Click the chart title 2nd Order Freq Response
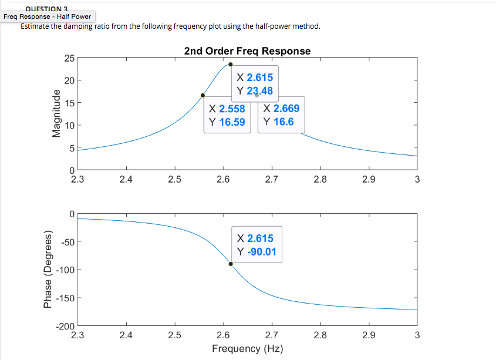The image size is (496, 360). [x=247, y=51]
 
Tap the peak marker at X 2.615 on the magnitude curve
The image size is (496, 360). [x=231, y=65]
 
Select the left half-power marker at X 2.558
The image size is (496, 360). [x=203, y=95]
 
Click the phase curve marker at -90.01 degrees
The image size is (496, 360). [x=231, y=264]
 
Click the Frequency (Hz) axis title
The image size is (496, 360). [x=247, y=349]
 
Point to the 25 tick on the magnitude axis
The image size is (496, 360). [x=69, y=58]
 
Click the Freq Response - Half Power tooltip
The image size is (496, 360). [x=47, y=16]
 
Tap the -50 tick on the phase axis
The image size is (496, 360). [x=66, y=242]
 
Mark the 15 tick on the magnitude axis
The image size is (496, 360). [x=69, y=103]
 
